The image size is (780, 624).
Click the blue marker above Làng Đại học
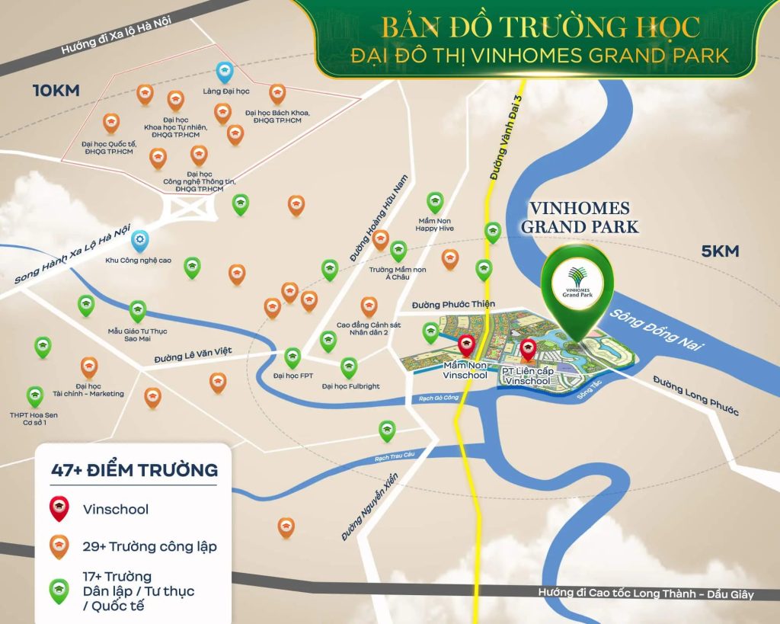pyautogui.click(x=225, y=72)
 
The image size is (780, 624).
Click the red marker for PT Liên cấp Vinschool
pyautogui.click(x=527, y=350)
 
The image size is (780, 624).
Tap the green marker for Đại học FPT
pyautogui.click(x=292, y=357)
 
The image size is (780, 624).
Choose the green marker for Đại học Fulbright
pyautogui.click(x=349, y=367)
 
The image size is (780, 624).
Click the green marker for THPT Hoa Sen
pyautogui.click(x=35, y=395)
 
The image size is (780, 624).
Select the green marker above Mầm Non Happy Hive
pyautogui.click(x=435, y=202)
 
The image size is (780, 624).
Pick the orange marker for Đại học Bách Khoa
pyautogui.click(x=278, y=93)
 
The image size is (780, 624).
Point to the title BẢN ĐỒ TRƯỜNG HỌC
pyautogui.click(x=540, y=27)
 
